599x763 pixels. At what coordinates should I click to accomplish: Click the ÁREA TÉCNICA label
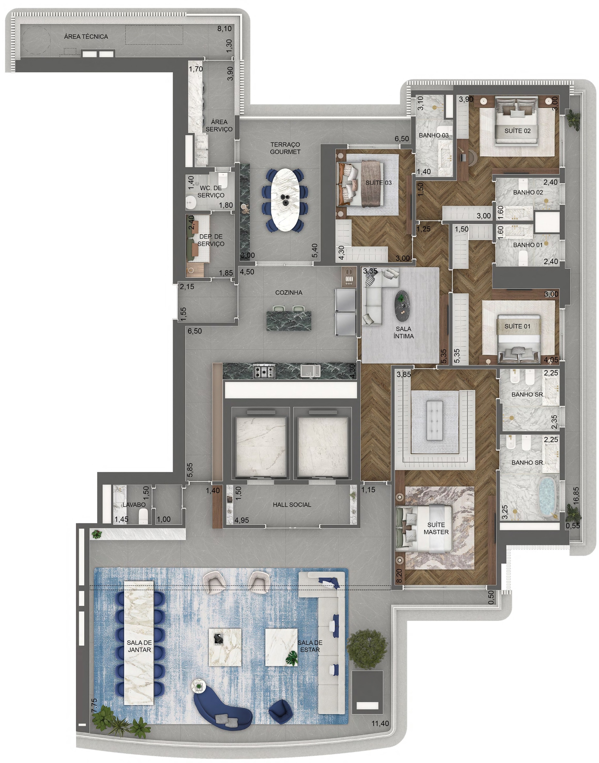pos(86,37)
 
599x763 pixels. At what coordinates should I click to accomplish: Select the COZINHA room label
pos(289,292)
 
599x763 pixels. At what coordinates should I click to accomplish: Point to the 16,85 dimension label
pos(576,496)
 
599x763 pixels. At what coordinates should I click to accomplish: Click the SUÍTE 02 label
pos(517,131)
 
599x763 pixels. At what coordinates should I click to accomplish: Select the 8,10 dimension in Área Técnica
pos(224,28)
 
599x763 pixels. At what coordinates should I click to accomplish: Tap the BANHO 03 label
pos(433,135)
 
